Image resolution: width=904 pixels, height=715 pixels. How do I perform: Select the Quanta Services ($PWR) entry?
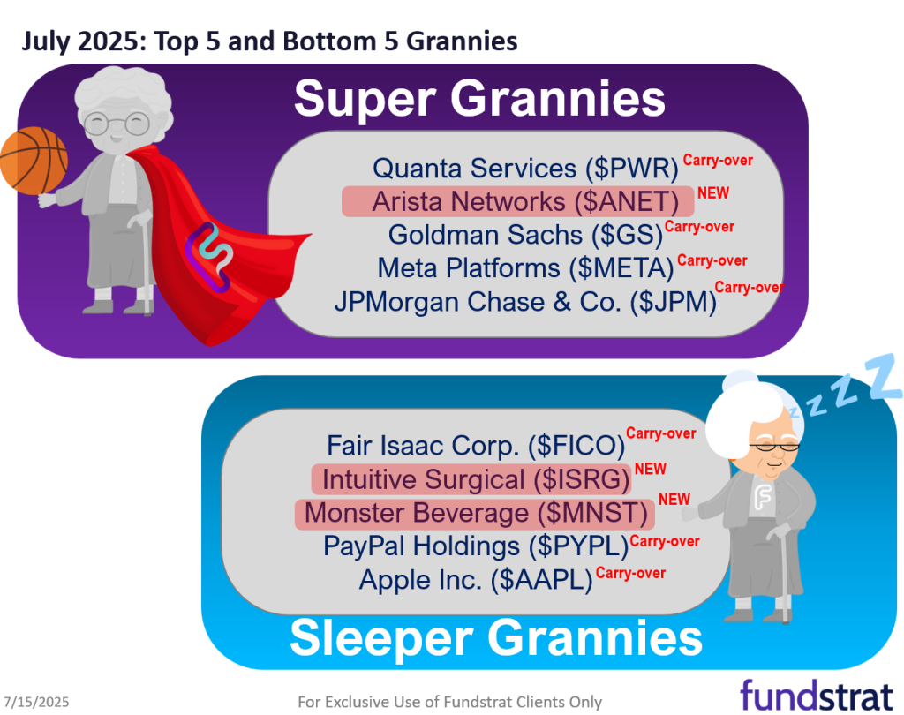tap(524, 168)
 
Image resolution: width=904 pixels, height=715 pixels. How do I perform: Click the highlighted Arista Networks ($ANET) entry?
tap(517, 201)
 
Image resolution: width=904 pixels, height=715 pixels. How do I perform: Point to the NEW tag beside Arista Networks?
tap(713, 192)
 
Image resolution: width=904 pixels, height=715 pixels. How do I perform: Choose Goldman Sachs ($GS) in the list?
tap(524, 235)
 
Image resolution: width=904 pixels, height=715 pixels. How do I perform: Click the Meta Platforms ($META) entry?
tap(525, 267)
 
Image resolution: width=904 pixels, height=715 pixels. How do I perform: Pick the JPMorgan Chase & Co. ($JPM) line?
tap(524, 302)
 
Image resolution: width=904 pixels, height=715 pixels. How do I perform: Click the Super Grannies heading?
tap(479, 98)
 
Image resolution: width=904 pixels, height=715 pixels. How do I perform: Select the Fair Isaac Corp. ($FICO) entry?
tap(476, 446)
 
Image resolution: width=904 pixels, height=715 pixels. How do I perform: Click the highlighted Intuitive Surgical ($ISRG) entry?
tap(476, 479)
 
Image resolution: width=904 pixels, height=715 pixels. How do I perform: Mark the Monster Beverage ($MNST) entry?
tap(476, 512)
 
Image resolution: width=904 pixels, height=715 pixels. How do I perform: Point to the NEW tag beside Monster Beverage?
tap(674, 500)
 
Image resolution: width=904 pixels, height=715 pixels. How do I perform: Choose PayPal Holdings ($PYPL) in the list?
tap(476, 546)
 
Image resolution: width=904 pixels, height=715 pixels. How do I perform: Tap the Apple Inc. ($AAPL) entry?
tap(476, 580)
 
